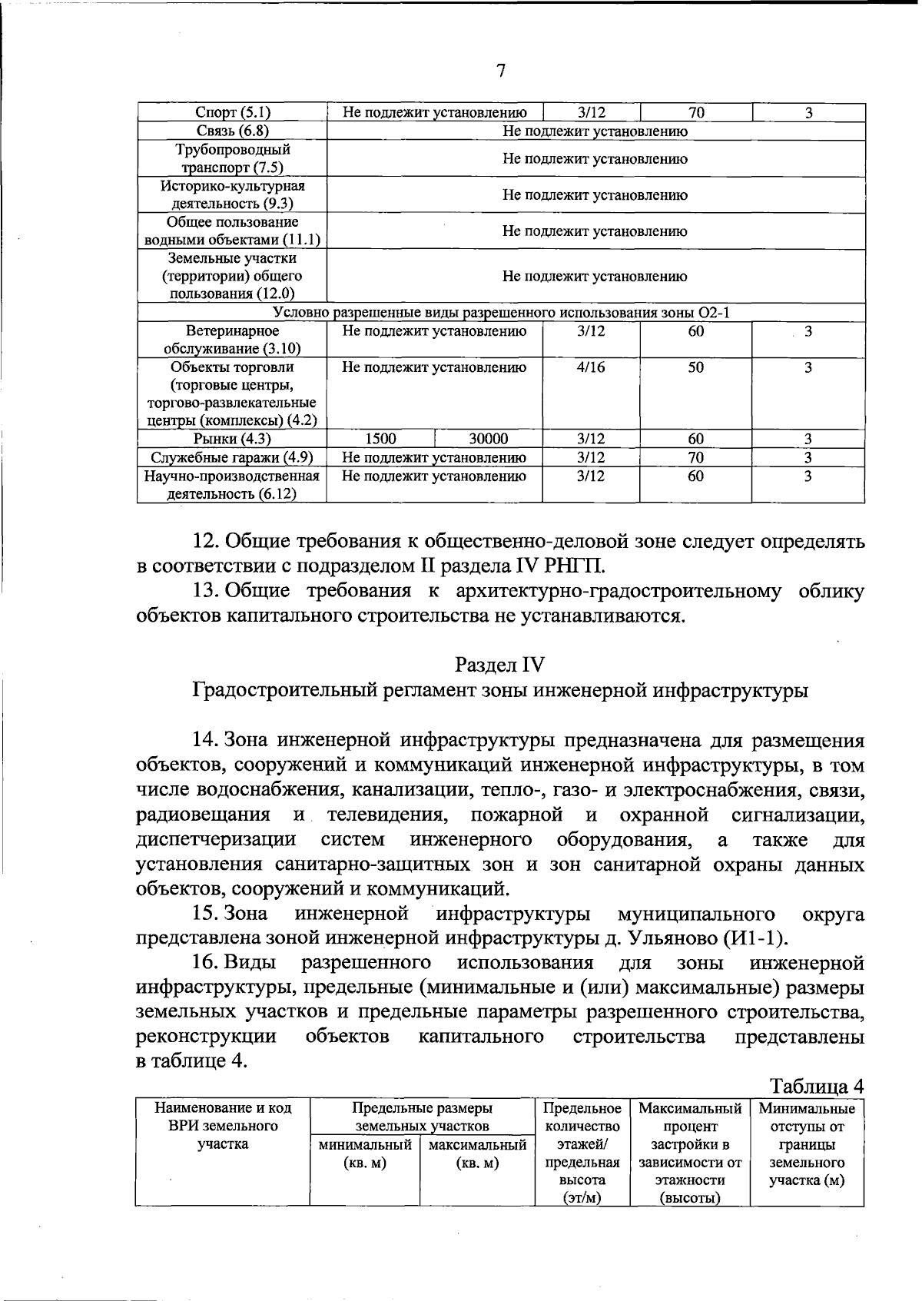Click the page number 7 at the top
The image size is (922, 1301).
pyautogui.click(x=500, y=71)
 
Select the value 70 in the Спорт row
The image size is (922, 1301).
pyautogui.click(x=696, y=113)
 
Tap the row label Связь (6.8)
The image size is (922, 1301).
pyautogui.click(x=233, y=131)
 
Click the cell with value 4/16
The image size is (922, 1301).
pyautogui.click(x=591, y=367)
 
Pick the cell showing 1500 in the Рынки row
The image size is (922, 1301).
pyautogui.click(x=380, y=440)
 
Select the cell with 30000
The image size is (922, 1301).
pyautogui.click(x=489, y=440)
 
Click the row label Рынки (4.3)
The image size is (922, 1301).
pyautogui.click(x=233, y=440)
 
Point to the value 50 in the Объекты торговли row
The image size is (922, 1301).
pyautogui.click(x=695, y=367)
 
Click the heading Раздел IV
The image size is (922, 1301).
pyautogui.click(x=499, y=663)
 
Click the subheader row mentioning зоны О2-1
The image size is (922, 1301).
pyautogui.click(x=501, y=313)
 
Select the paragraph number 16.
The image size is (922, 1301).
pyautogui.click(x=206, y=963)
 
